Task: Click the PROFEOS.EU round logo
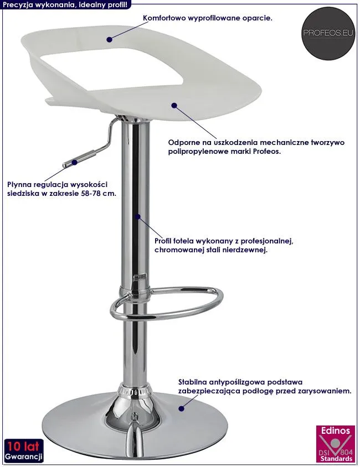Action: click(328, 33)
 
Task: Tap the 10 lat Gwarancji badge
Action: click(23, 450)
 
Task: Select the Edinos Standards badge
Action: click(336, 444)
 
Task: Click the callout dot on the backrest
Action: click(109, 39)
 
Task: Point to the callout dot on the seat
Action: click(174, 105)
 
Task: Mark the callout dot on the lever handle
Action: click(74, 162)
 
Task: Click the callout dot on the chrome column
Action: click(137, 216)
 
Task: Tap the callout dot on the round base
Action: click(181, 408)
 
